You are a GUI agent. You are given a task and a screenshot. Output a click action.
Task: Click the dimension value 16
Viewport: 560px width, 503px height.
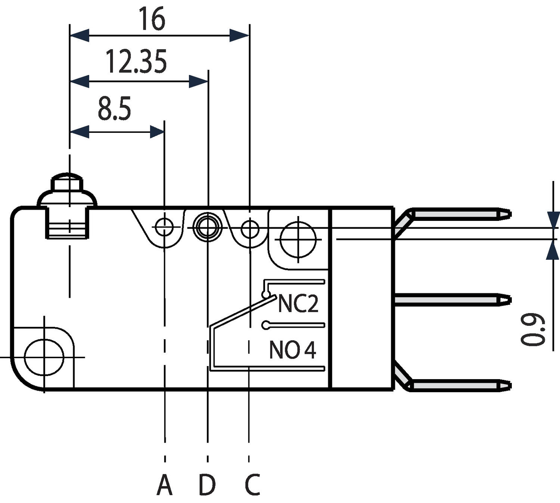152,19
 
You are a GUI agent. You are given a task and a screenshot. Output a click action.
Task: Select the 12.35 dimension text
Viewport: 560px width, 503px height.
136,62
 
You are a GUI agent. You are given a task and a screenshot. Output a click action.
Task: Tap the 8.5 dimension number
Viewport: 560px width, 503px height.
114,109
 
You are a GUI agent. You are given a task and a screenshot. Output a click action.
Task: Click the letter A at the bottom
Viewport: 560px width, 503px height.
164,485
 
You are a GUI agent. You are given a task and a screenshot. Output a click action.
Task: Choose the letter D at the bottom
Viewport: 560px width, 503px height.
207,485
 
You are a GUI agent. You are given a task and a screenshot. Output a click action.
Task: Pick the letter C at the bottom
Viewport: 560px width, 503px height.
252,485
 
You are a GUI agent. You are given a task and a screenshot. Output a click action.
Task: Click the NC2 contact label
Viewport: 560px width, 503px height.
298,304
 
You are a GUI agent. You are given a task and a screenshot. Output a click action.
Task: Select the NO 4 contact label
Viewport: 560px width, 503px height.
292,350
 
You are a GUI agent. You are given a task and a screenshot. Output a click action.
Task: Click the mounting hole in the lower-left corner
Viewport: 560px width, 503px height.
44,357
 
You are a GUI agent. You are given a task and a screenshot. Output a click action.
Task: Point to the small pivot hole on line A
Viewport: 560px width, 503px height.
164,227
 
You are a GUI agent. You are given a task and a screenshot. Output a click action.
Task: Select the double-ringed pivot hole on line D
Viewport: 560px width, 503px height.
207,227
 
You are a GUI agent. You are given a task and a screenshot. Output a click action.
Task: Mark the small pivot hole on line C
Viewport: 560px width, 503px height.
250,229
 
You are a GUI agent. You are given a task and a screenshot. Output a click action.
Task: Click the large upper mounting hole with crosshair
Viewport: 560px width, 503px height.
298,239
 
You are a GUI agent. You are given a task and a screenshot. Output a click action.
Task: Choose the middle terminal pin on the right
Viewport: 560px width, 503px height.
452,300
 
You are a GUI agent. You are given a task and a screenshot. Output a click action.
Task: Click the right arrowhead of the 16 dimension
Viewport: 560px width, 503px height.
239,36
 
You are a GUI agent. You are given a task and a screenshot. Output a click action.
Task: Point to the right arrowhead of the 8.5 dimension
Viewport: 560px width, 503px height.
157,132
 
